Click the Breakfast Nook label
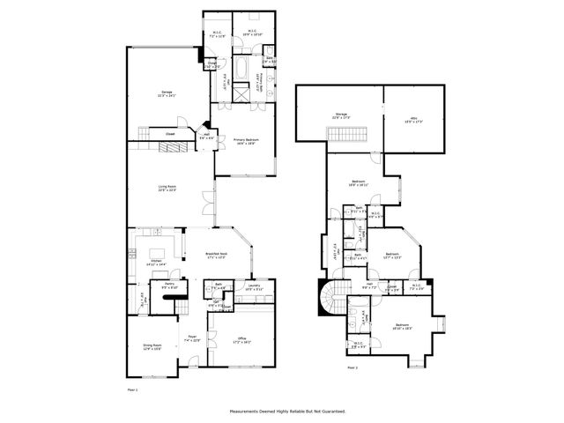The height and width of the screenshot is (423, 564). click(218, 256)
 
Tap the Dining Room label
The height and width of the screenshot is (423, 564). click(153, 347)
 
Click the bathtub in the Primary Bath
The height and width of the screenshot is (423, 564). click(241, 68)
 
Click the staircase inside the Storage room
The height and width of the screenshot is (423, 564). click(339, 133)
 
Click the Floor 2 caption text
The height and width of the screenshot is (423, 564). click(352, 367)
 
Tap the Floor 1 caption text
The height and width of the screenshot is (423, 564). click(134, 388)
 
